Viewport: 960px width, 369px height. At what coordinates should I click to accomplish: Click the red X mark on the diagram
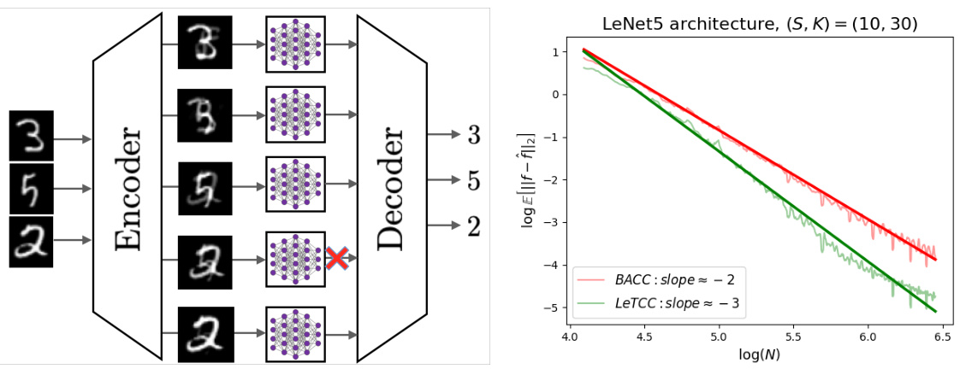click(336, 258)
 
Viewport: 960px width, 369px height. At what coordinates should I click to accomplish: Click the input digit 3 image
click(31, 136)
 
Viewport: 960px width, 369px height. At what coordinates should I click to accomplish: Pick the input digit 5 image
click(31, 188)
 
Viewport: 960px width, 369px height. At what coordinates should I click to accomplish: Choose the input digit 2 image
click(31, 242)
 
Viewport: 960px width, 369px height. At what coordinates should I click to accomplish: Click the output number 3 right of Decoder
click(474, 135)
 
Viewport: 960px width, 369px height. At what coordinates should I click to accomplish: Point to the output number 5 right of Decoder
click(474, 181)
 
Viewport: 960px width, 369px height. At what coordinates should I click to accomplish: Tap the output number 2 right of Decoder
click(474, 226)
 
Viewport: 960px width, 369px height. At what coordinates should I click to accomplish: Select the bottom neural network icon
click(295, 333)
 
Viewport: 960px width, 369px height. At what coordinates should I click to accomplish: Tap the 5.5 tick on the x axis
click(794, 337)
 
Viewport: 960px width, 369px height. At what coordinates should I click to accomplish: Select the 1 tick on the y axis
click(556, 52)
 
